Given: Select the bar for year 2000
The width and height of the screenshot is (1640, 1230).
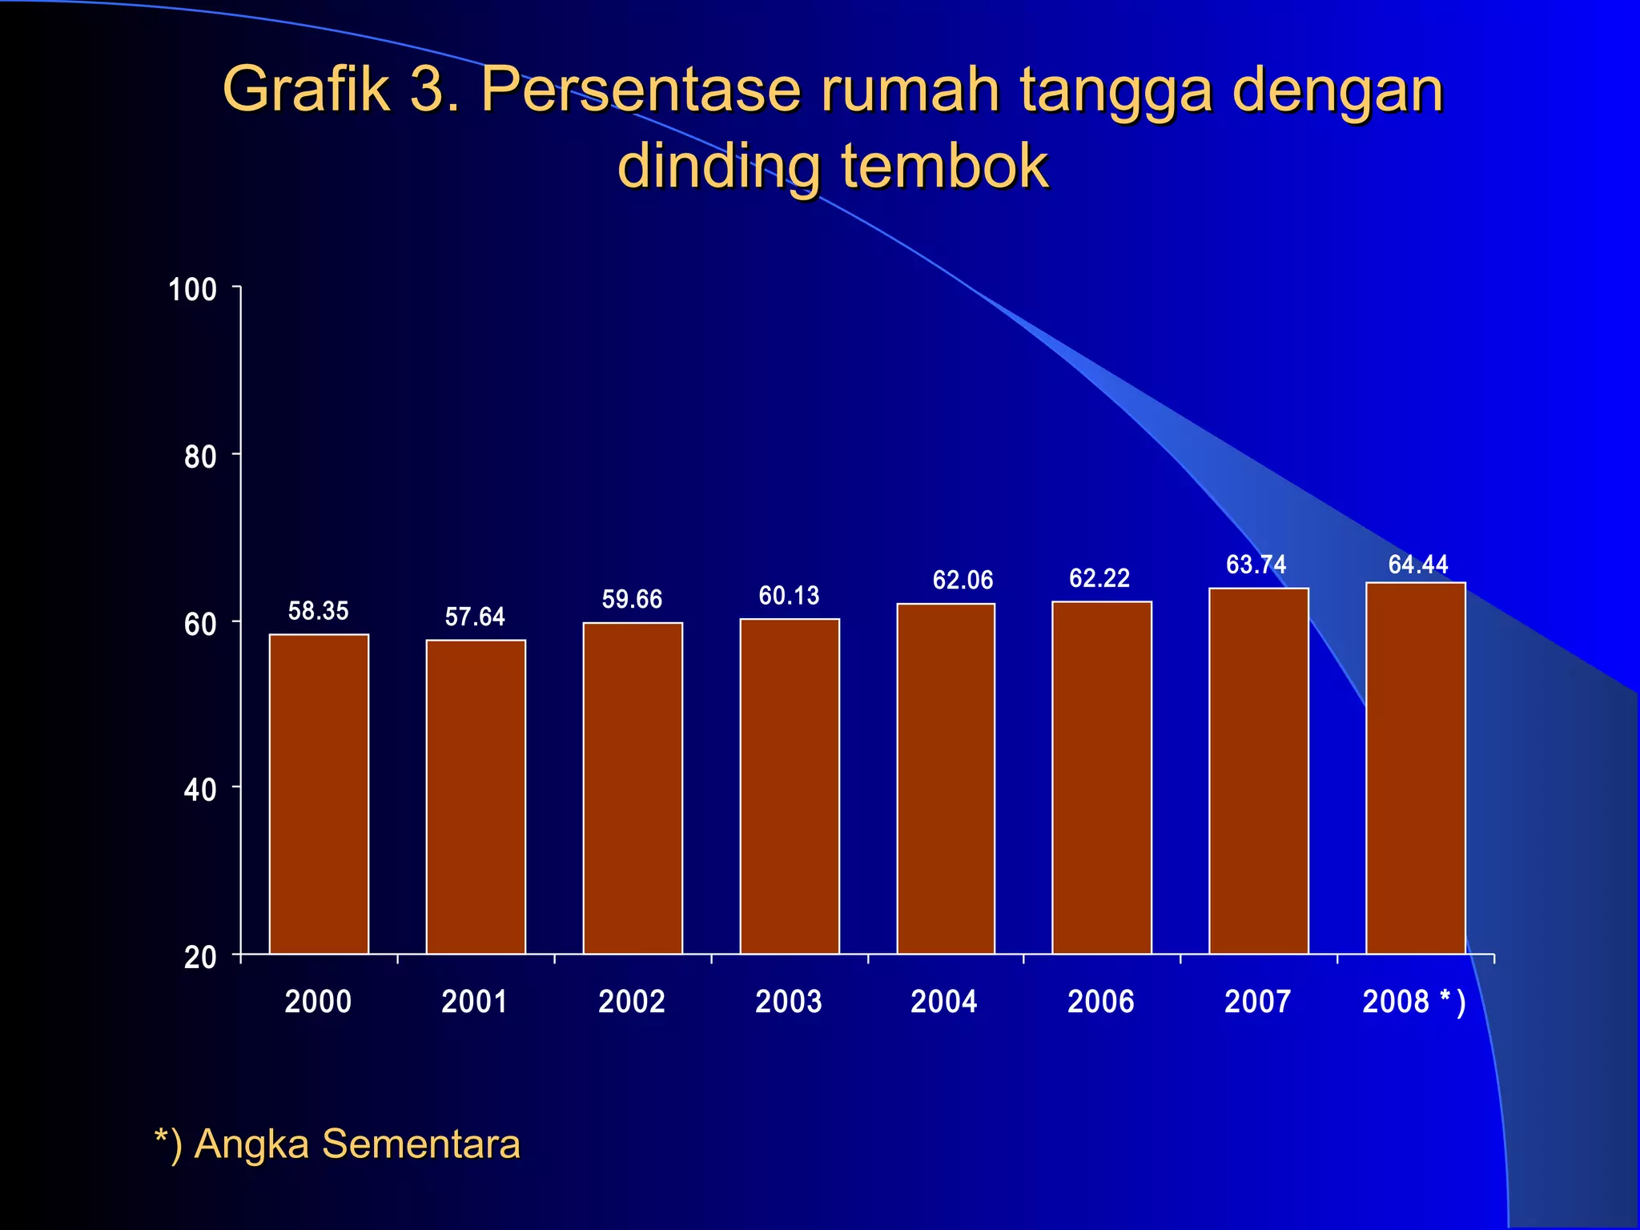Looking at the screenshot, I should tap(319, 793).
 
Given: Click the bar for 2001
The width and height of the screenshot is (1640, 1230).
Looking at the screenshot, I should tap(476, 796).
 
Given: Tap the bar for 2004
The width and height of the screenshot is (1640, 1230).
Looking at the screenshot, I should tap(946, 778).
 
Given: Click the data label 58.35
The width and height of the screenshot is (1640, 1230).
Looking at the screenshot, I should tap(318, 611).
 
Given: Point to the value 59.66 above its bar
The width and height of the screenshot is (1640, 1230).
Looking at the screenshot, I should tap(632, 599).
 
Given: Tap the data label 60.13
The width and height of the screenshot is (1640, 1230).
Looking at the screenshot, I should tap(789, 595).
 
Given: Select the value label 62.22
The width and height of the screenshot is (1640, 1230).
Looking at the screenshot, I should tap(1099, 577).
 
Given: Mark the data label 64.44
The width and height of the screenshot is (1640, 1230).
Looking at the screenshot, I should tap(1417, 564).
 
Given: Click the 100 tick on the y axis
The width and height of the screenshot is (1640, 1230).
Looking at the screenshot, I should tap(192, 289).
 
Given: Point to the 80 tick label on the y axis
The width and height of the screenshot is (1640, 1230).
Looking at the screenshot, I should tap(200, 456).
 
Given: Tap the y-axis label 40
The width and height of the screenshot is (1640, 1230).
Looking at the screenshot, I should tap(200, 790).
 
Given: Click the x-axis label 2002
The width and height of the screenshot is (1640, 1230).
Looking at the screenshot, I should tap(632, 1002).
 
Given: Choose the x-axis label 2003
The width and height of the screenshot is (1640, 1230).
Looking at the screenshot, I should tap(789, 1002).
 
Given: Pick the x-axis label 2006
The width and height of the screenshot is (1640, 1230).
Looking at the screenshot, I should tap(1100, 1002).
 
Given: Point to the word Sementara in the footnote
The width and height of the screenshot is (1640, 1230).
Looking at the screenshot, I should tap(421, 1144).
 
